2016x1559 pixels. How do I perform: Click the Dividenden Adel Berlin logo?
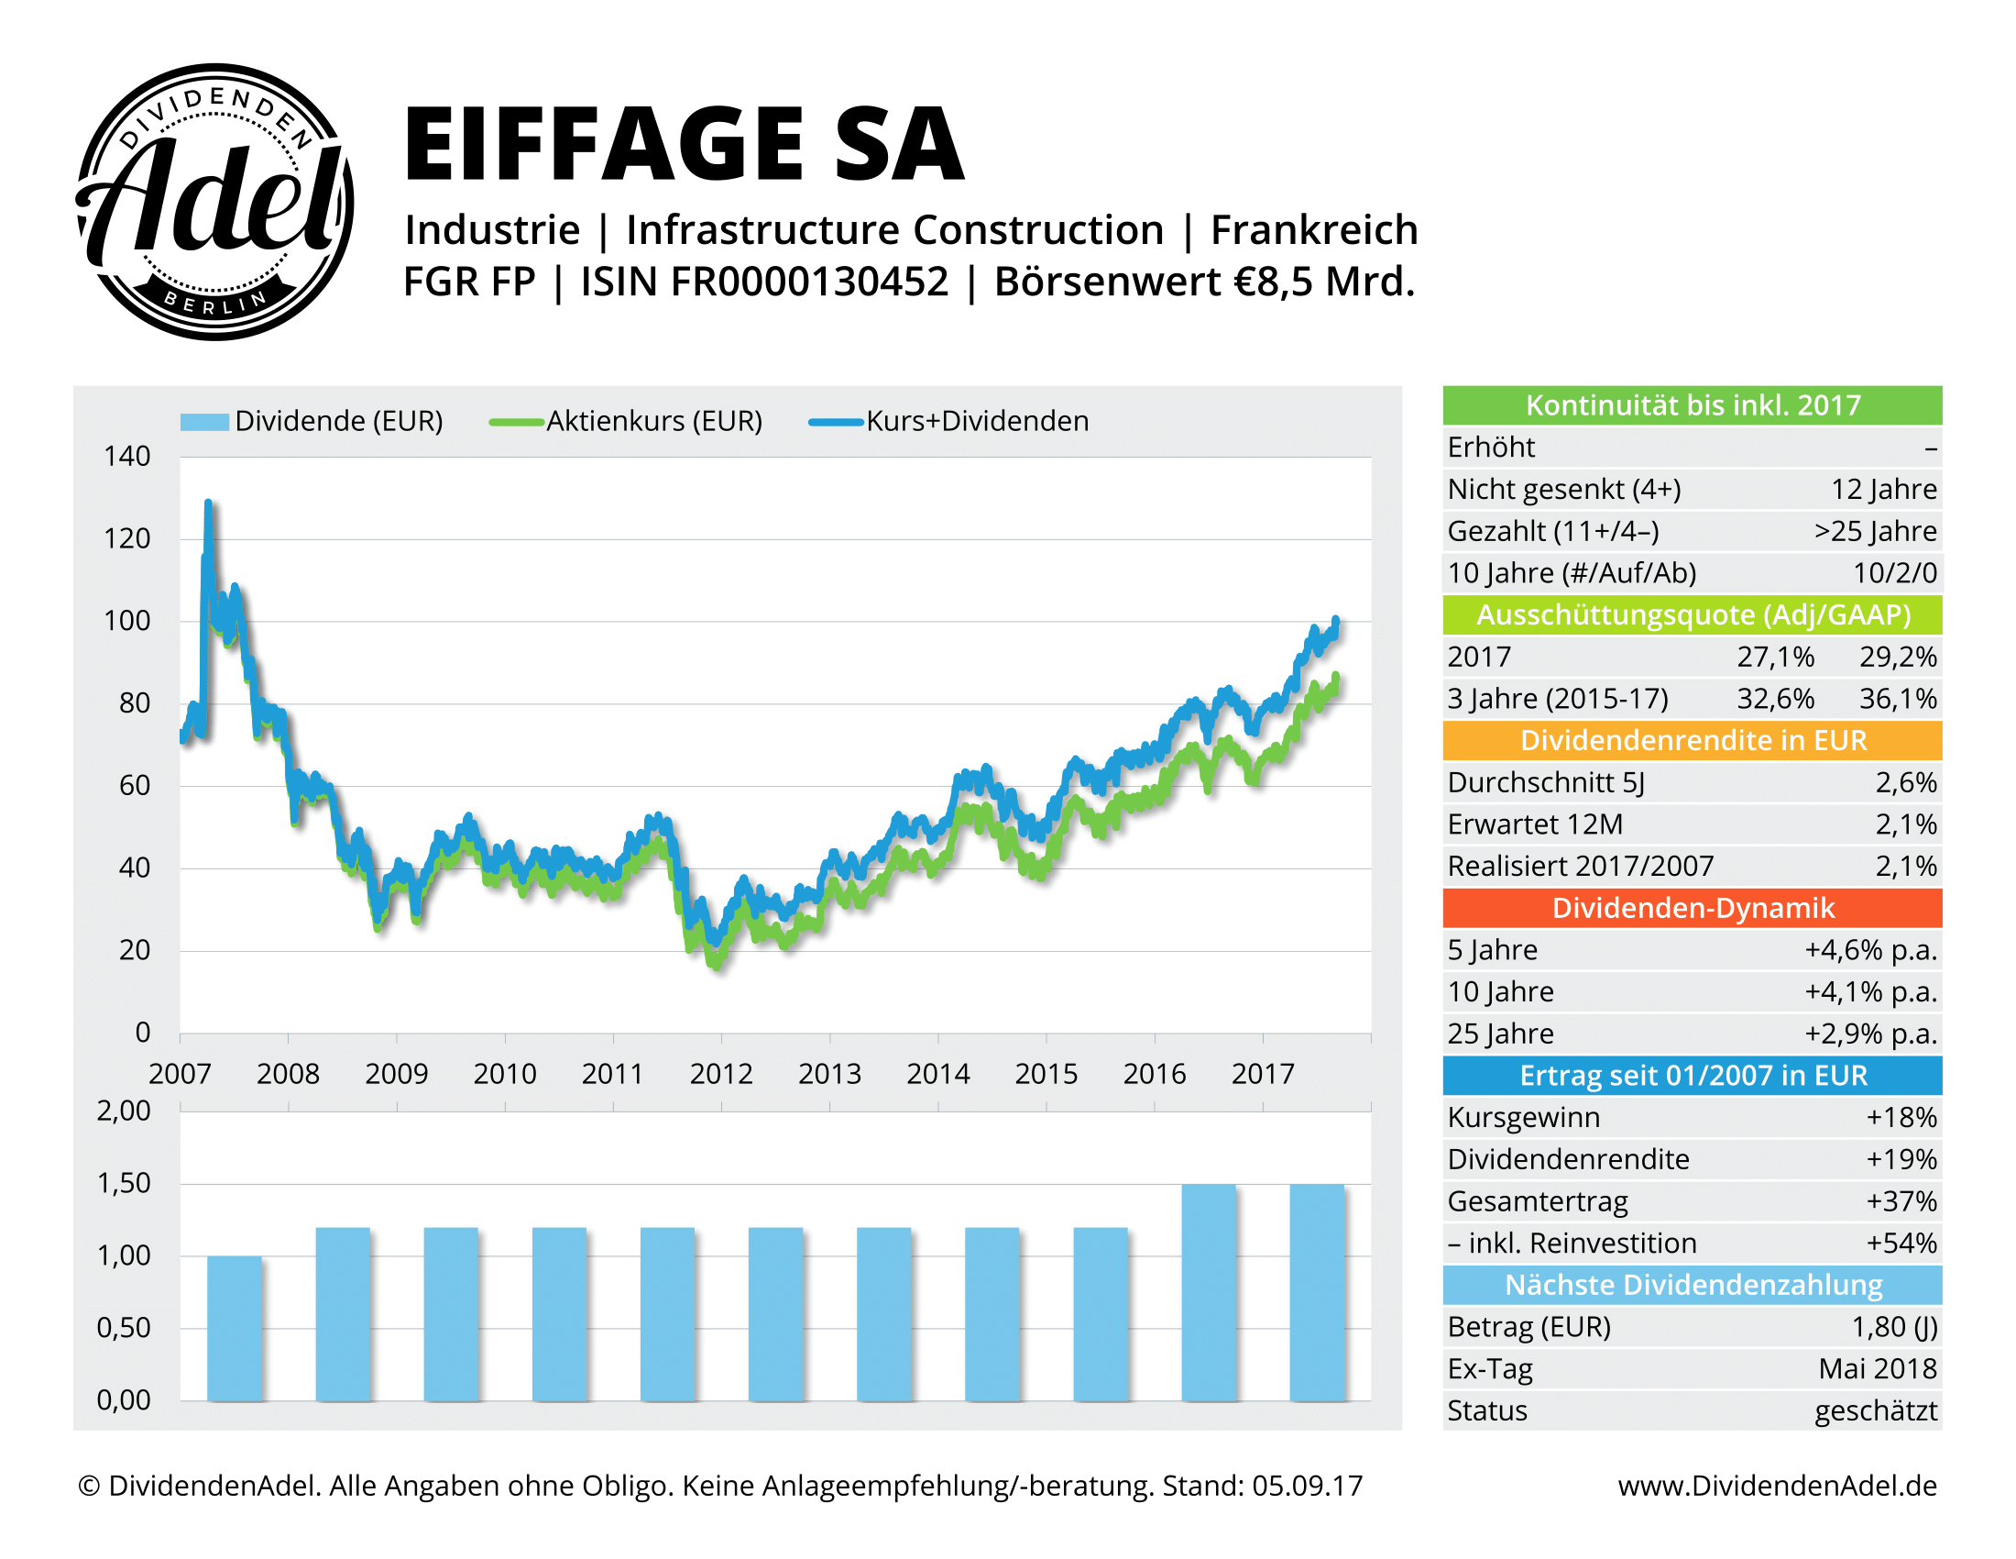[214, 202]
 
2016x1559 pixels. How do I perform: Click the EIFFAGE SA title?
[683, 144]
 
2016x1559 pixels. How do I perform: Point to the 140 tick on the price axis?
[127, 457]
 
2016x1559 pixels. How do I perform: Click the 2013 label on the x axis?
[829, 1073]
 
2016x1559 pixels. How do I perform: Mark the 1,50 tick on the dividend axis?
[124, 1183]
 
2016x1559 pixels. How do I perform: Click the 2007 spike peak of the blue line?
[209, 504]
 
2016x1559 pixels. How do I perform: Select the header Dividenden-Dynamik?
[1692, 908]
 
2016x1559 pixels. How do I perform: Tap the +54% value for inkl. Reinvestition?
[1901, 1244]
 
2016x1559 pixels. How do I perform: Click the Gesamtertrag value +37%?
[1901, 1201]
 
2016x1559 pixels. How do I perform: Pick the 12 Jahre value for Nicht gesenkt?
[1883, 490]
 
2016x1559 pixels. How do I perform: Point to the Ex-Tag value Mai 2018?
[1877, 1369]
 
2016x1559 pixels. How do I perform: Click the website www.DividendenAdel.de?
[1777, 1485]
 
